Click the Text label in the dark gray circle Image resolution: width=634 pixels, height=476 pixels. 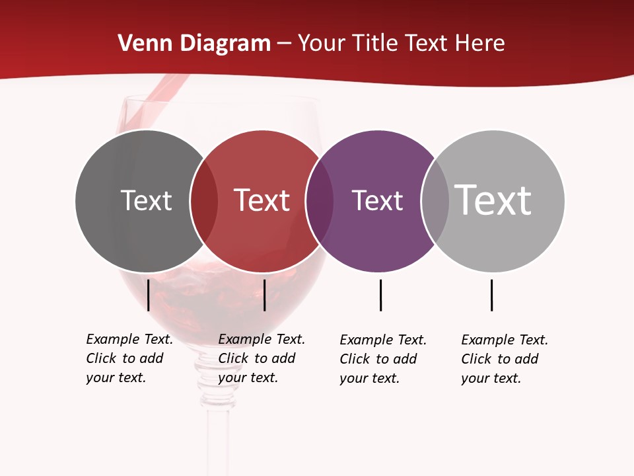146,200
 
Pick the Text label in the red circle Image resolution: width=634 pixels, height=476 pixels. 262,200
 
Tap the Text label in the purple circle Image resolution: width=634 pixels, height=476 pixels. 377,200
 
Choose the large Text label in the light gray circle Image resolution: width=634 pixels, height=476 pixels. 493,200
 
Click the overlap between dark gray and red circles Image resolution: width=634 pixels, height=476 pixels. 204,201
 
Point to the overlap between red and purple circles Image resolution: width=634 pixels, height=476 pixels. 320,201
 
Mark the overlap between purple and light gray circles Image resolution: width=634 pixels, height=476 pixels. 435,201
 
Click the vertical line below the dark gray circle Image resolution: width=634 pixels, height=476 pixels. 149,295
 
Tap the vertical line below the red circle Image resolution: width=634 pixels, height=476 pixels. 264,295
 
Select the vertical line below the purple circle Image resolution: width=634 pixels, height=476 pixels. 380,295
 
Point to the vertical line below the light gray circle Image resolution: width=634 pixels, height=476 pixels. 491,295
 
